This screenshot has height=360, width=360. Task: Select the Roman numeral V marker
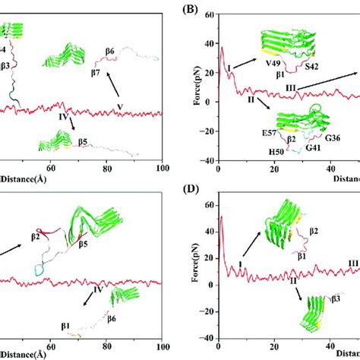119,106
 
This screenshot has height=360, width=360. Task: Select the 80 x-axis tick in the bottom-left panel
107,345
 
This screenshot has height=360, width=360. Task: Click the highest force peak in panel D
221,217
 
